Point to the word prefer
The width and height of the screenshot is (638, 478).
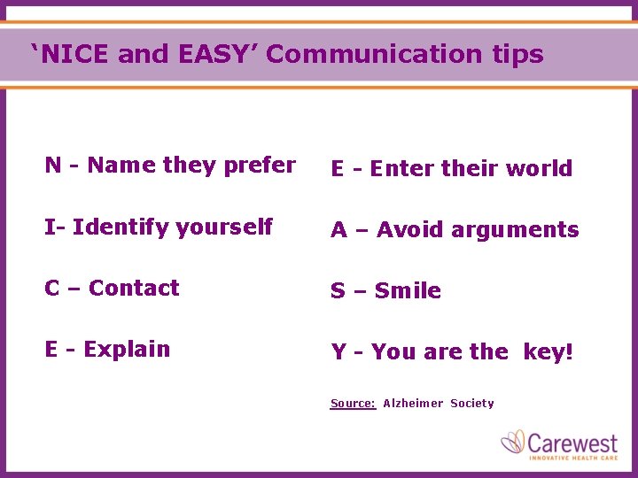pyautogui.click(x=260, y=166)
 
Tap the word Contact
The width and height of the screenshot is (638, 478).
pyautogui.click(x=134, y=289)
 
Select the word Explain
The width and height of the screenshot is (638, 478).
pyautogui.click(x=127, y=350)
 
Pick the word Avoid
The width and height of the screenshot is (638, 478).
pyautogui.click(x=410, y=230)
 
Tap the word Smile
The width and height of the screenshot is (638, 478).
pyautogui.click(x=408, y=291)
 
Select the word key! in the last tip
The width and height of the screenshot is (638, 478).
pyautogui.click(x=549, y=352)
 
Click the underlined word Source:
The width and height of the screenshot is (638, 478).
pyautogui.click(x=353, y=404)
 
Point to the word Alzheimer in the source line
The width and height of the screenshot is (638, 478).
pyautogui.click(x=413, y=404)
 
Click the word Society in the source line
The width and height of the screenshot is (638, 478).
pyautogui.click(x=471, y=404)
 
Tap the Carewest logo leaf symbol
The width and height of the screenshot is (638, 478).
pyautogui.click(x=513, y=443)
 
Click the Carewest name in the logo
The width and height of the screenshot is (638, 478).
pyautogui.click(x=573, y=440)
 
